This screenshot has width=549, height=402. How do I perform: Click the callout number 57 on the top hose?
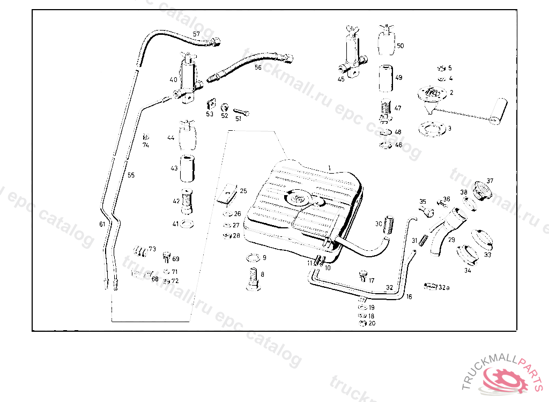(196, 34)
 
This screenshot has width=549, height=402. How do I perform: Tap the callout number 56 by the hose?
(258, 68)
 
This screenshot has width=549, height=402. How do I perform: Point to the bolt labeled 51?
(241, 113)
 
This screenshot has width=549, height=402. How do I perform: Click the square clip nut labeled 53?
(211, 103)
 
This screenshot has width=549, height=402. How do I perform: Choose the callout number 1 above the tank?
(330, 168)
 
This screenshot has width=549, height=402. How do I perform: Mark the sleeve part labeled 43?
(187, 168)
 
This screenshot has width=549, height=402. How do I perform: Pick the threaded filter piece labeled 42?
(187, 200)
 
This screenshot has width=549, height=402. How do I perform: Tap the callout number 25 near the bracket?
(243, 190)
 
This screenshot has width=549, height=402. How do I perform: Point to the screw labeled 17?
(363, 277)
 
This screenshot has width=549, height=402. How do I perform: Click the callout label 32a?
(443, 288)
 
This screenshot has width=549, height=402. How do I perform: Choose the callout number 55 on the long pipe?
(131, 175)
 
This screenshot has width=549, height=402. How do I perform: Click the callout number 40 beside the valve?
(173, 79)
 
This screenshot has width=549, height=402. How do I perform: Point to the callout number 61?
(102, 224)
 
